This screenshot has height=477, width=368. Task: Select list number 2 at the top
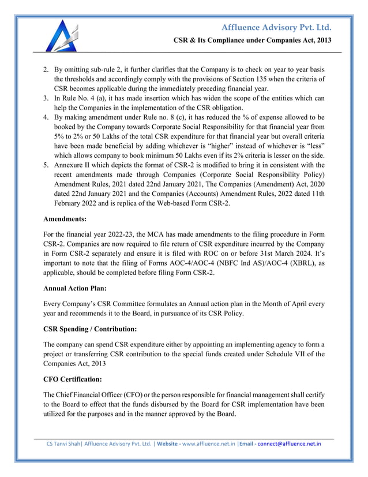click(47, 68)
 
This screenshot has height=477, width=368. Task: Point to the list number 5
click(47, 165)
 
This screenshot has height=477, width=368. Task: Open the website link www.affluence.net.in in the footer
click(208, 444)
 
